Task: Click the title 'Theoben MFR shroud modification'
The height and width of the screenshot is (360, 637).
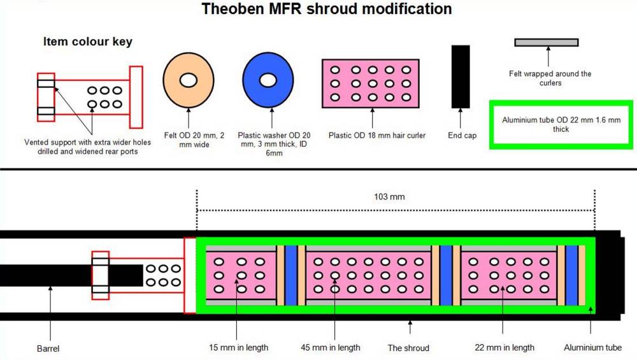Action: [x=327, y=9]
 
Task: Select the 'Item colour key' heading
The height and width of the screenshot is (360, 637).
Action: [x=88, y=41]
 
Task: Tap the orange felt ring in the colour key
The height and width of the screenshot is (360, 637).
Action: [x=188, y=80]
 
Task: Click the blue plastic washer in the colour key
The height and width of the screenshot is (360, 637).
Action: [x=268, y=80]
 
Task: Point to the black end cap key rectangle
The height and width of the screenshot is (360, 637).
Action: [x=461, y=76]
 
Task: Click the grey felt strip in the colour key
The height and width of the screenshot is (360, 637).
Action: [x=546, y=43]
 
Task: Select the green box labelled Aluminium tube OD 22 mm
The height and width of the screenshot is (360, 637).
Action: [x=561, y=124]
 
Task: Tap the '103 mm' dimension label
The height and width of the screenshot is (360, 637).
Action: [x=389, y=197]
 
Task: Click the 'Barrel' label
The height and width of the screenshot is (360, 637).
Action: [x=48, y=349]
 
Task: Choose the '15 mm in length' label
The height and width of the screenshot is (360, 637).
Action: [x=239, y=348]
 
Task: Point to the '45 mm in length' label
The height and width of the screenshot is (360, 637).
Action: [x=331, y=348]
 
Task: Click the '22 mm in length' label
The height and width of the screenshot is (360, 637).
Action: [x=505, y=348]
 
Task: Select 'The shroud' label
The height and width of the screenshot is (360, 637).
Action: [x=408, y=349]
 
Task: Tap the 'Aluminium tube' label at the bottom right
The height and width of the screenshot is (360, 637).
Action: [x=592, y=348]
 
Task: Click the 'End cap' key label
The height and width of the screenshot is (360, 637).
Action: [x=462, y=136]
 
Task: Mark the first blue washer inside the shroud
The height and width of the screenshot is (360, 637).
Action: [x=291, y=275]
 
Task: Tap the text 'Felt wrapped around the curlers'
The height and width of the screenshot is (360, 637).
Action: [x=550, y=78]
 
